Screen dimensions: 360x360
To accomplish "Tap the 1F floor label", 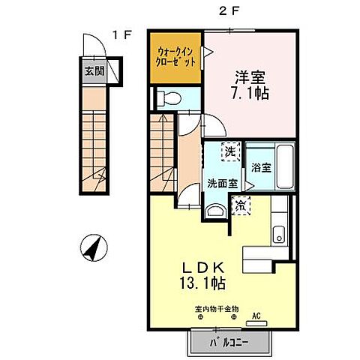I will click(x=124, y=34).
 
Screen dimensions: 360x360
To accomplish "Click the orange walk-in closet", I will click(x=175, y=58).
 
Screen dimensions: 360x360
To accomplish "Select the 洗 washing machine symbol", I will click(x=230, y=152).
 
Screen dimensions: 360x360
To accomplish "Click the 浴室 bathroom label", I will click(x=261, y=166).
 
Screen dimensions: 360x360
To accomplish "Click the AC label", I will click(x=257, y=316).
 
